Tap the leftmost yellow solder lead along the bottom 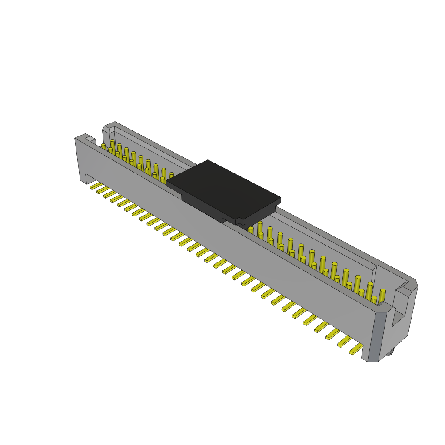[96, 186]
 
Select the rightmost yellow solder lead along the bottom [356, 349]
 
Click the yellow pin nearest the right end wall [382, 296]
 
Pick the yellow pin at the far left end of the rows [103, 147]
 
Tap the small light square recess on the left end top [90, 139]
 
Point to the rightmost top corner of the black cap [280, 199]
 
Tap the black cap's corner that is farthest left [167, 181]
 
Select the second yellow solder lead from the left [103, 190]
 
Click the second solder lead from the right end [344, 342]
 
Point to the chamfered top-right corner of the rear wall [415, 282]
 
